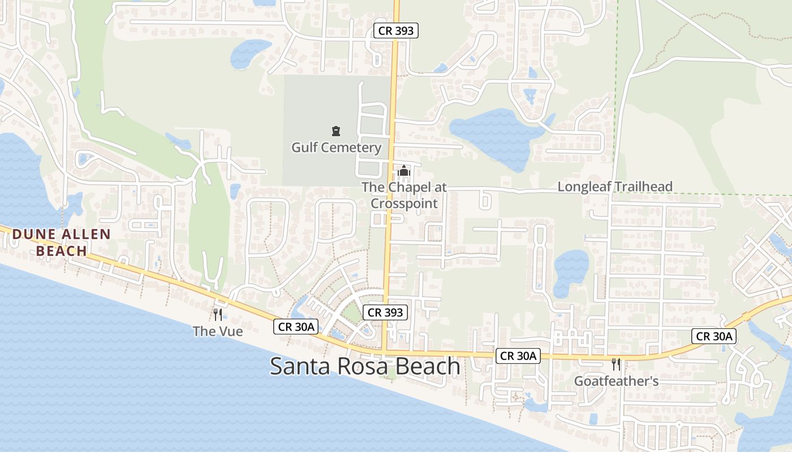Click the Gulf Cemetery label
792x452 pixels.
tap(336, 147)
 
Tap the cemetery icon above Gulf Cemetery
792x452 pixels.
tap(336, 132)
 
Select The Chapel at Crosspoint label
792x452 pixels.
tap(404, 195)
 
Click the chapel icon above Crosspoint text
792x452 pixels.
tap(404, 170)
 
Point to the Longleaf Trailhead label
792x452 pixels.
tap(615, 186)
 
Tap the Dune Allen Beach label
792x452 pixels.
tap(62, 242)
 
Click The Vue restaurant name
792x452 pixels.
tap(218, 331)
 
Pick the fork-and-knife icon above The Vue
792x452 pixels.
tap(218, 315)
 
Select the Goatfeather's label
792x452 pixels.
tap(616, 381)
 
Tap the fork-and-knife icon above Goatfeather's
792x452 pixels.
tap(616, 364)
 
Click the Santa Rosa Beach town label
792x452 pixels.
tap(365, 366)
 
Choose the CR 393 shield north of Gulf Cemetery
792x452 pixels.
tap(396, 31)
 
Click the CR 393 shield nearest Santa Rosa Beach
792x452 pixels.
tap(385, 312)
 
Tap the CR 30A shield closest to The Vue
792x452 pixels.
tap(296, 326)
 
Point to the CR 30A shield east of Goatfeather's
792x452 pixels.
tap(714, 336)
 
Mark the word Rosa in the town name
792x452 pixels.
tap(363, 366)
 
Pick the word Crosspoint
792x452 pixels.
tap(404, 203)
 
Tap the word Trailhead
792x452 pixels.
tap(643, 186)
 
